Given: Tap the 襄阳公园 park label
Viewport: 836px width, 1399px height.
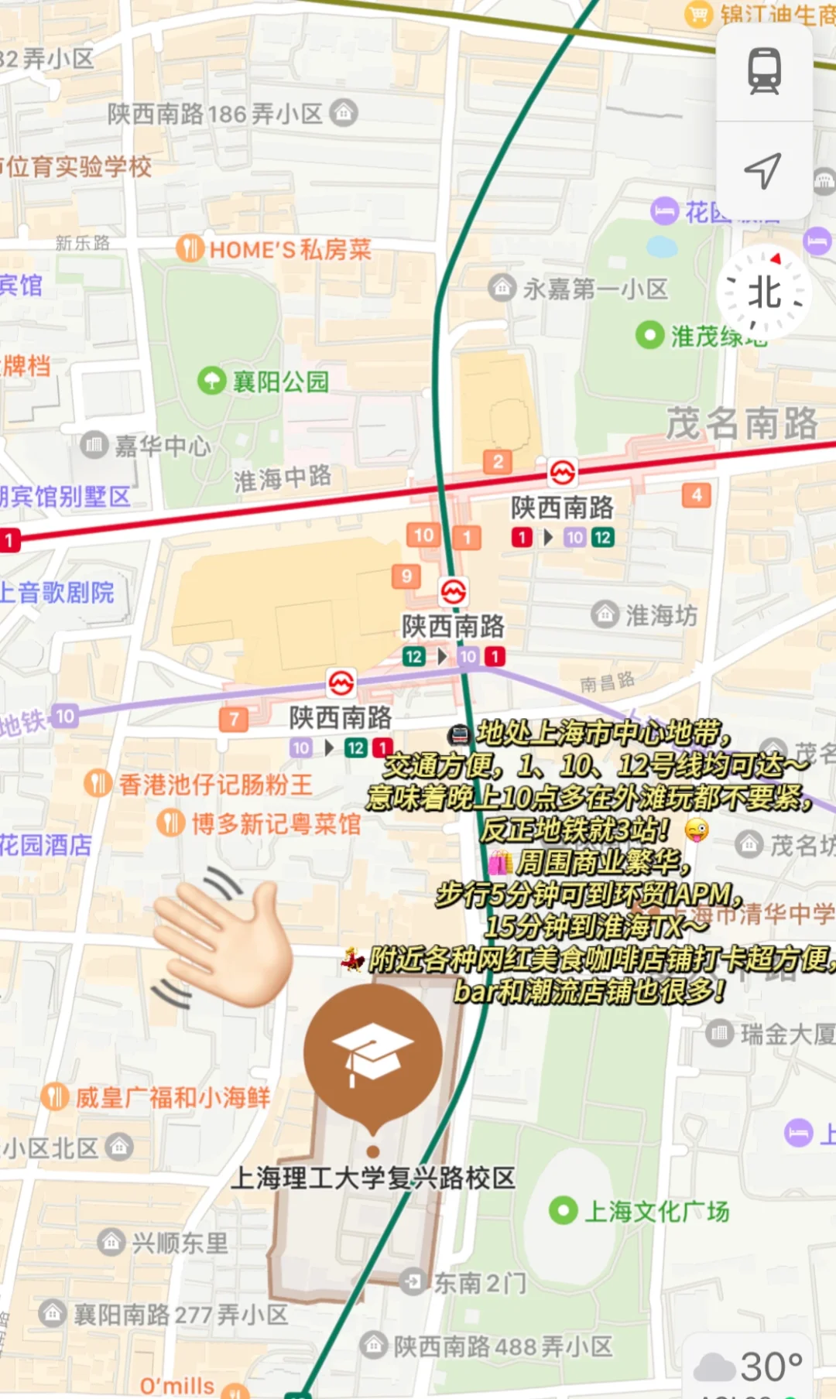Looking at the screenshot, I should point(280,381).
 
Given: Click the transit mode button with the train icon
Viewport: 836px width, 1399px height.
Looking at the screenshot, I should point(764,71).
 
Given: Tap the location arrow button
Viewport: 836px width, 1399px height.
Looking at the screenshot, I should point(763,170).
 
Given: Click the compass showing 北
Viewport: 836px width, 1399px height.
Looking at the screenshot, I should point(764,293).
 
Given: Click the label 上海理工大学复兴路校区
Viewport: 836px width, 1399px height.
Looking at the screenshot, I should point(373,1178).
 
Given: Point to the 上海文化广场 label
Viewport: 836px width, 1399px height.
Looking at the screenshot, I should point(656,1211).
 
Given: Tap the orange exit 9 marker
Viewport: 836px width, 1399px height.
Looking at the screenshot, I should point(406,576).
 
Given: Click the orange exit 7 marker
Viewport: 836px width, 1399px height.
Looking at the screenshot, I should point(234,719).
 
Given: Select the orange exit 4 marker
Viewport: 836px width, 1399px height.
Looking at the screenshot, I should point(697,495).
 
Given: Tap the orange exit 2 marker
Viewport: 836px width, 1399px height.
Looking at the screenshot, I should point(498,462).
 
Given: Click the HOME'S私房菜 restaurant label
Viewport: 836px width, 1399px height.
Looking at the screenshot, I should point(290,249).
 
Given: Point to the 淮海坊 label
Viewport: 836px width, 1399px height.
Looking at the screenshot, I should point(660,615).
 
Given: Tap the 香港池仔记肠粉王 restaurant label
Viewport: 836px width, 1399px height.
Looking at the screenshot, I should point(214,784).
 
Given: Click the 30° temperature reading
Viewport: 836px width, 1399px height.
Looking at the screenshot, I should point(771,1367).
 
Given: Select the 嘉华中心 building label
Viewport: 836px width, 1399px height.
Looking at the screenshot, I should point(162,446).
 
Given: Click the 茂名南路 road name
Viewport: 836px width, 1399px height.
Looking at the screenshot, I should point(742,423).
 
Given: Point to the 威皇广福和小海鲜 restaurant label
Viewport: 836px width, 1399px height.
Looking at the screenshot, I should point(172,1097).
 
